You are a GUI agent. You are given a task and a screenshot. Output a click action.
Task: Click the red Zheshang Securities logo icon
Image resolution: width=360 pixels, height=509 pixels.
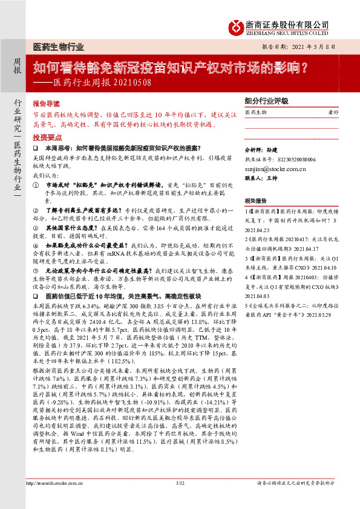(236, 26)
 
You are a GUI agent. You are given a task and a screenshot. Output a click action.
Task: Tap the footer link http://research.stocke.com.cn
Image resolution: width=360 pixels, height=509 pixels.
(54, 500)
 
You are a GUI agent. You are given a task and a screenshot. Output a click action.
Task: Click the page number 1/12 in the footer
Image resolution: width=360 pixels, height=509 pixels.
(180, 500)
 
